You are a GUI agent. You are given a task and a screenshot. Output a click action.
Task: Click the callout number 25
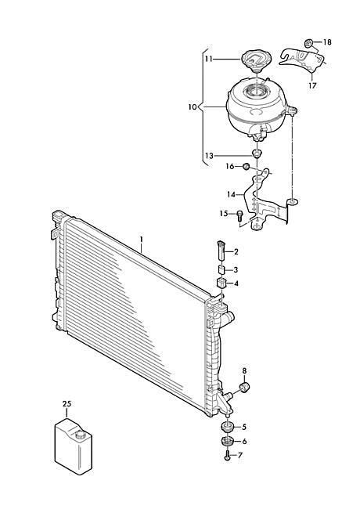point(67,404)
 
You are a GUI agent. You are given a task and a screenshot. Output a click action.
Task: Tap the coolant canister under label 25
point(73,446)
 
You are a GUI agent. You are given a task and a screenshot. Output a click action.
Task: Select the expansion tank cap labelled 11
point(254,60)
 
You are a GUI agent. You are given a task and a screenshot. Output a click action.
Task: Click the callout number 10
point(193,106)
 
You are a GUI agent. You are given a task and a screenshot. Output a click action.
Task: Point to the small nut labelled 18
point(309,42)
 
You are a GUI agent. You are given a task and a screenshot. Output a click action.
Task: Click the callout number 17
point(312,85)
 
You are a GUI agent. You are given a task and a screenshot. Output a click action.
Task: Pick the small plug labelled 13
point(257,153)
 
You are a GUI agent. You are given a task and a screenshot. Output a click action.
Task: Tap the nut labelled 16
point(247,167)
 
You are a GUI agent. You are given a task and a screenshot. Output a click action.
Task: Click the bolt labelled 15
point(239,215)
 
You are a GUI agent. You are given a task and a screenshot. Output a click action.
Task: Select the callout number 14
point(231,194)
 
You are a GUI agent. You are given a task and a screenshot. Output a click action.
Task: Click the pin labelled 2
point(221,251)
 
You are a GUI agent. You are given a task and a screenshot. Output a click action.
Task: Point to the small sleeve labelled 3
point(221,269)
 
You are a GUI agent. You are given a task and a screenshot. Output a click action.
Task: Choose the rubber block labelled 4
point(221,283)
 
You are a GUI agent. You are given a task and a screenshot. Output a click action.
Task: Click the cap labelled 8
point(244,388)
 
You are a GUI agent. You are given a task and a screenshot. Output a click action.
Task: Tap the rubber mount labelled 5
point(228,427)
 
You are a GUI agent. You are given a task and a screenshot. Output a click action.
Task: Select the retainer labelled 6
point(228,442)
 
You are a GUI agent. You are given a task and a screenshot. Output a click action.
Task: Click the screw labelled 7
point(227,456)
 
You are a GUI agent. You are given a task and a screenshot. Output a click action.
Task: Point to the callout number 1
point(142,240)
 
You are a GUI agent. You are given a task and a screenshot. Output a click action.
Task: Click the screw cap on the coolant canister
point(79,435)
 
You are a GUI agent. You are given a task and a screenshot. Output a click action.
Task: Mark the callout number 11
point(208,60)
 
